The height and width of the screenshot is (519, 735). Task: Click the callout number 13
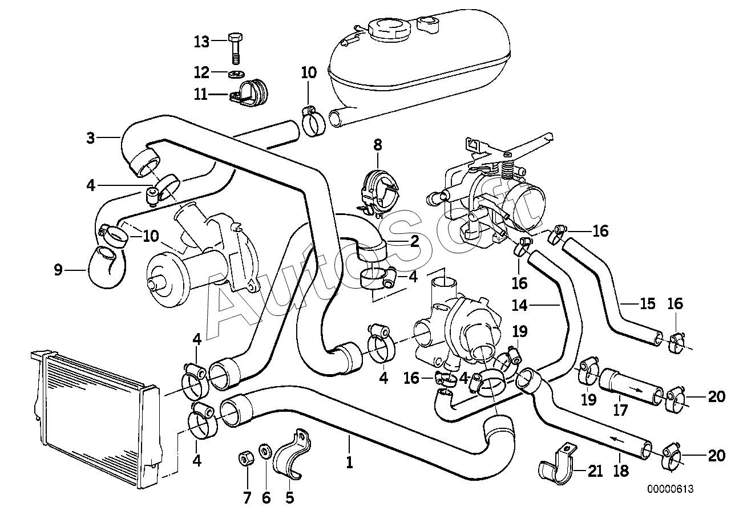pos(202,42)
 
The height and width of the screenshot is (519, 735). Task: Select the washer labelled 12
pos(236,74)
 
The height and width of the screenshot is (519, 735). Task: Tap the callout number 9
pos(58,270)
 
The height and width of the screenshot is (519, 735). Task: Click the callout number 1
pos(349,461)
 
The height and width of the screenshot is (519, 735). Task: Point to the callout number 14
pos(519,305)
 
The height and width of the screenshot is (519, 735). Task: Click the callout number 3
pos(91,137)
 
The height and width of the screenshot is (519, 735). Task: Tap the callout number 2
pos(414,241)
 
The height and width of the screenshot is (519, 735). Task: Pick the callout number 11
pos(201,94)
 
